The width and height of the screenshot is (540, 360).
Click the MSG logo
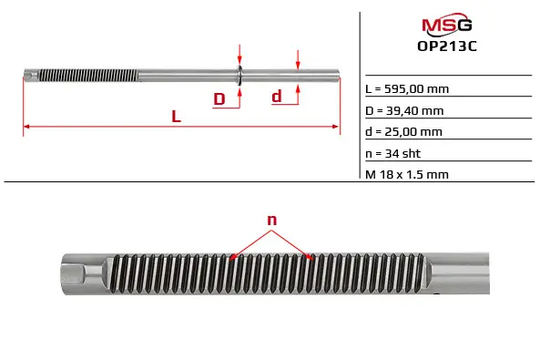point(447,24)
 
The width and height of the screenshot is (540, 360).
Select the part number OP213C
point(447,46)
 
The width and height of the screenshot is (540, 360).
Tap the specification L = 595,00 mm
point(407,89)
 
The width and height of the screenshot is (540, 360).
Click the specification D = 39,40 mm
point(404,110)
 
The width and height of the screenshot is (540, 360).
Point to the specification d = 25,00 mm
point(403,132)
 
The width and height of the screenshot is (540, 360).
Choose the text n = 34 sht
point(393,153)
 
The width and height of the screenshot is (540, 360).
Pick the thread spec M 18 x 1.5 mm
point(407,174)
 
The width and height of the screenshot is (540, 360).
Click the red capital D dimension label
point(219,99)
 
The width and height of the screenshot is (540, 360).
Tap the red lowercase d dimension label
point(277,97)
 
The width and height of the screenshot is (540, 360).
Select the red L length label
point(177,117)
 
